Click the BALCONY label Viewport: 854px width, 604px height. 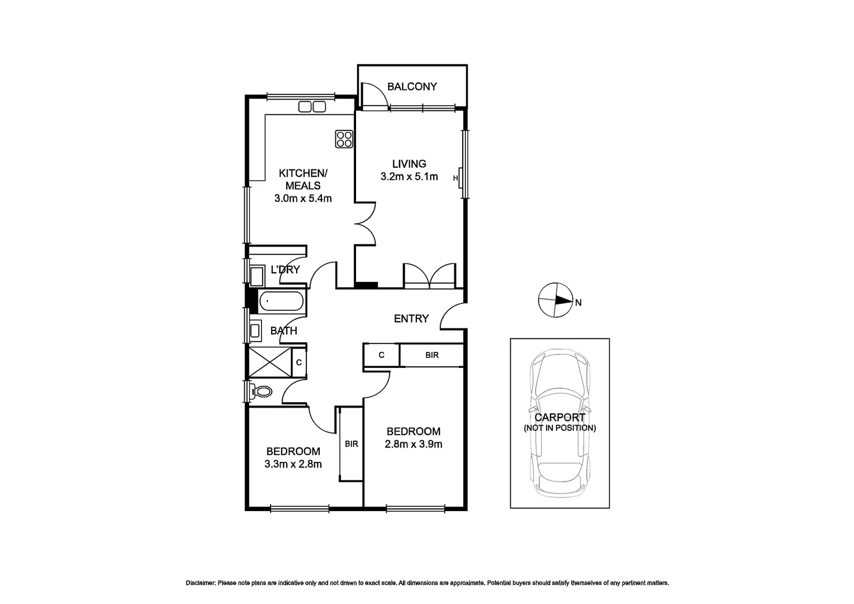(x=412, y=87)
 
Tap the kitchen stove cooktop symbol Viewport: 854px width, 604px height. (x=344, y=139)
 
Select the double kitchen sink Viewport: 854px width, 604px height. (x=312, y=106)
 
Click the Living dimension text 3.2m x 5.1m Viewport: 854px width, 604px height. (x=409, y=177)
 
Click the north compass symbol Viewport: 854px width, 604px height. (x=555, y=300)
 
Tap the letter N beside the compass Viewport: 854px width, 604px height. (x=578, y=303)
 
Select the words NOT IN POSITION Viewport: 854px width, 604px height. (x=560, y=428)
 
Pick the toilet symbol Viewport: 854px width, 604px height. (x=262, y=390)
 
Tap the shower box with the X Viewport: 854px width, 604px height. (x=270, y=362)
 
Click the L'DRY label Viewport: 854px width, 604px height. (x=285, y=270)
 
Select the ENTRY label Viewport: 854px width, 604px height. (x=411, y=319)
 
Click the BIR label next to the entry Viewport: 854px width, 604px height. (x=432, y=355)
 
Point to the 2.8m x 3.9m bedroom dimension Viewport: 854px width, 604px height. (x=414, y=445)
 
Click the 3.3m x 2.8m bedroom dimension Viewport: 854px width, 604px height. (x=293, y=464)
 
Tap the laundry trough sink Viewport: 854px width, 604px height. (x=257, y=276)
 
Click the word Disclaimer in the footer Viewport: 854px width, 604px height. (x=200, y=583)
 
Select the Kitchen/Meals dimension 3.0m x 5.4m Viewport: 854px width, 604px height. (x=303, y=199)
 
